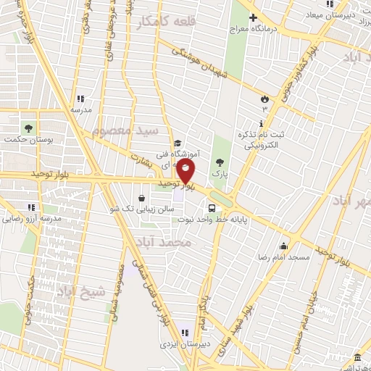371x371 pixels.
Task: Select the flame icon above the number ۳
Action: pos(264,98)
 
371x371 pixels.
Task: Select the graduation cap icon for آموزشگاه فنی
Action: pos(177,143)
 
